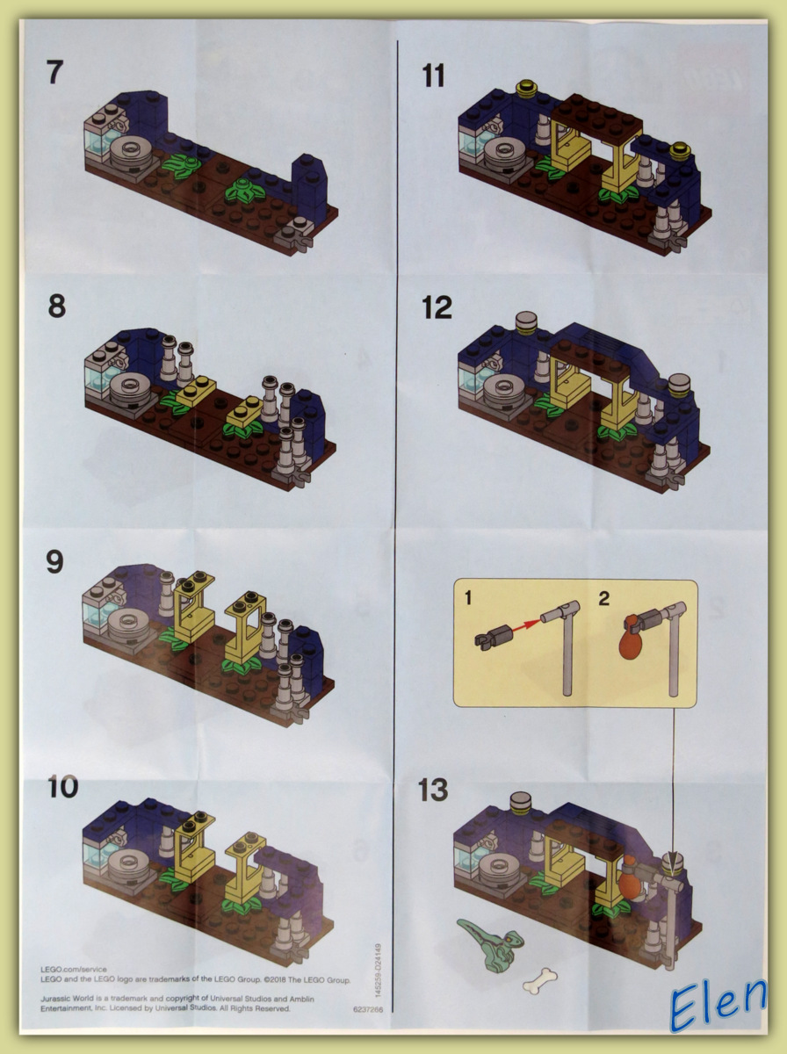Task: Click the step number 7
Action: point(55,72)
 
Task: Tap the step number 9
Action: point(55,561)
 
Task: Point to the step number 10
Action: point(62,787)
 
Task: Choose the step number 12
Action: point(437,307)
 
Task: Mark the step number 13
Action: point(433,790)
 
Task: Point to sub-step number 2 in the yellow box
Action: point(603,600)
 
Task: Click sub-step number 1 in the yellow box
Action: point(468,599)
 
